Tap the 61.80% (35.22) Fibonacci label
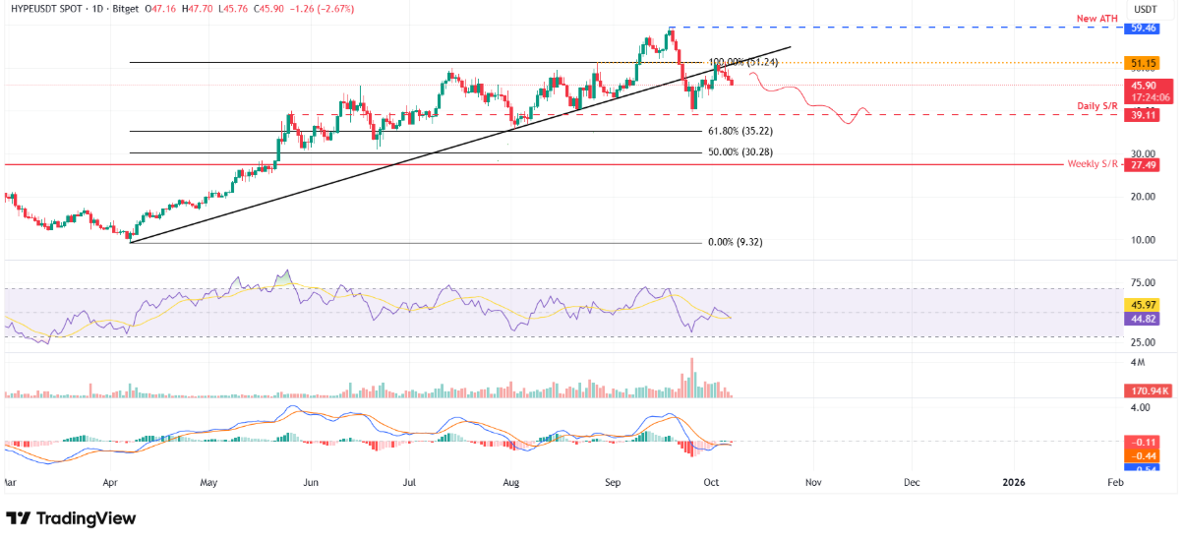pyautogui.click(x=743, y=131)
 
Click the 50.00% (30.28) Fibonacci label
pyautogui.click(x=743, y=152)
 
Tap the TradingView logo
pyautogui.click(x=71, y=518)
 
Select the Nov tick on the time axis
pyautogui.click(x=812, y=484)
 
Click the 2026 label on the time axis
pyautogui.click(x=1014, y=484)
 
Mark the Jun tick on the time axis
pyautogui.click(x=311, y=484)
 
